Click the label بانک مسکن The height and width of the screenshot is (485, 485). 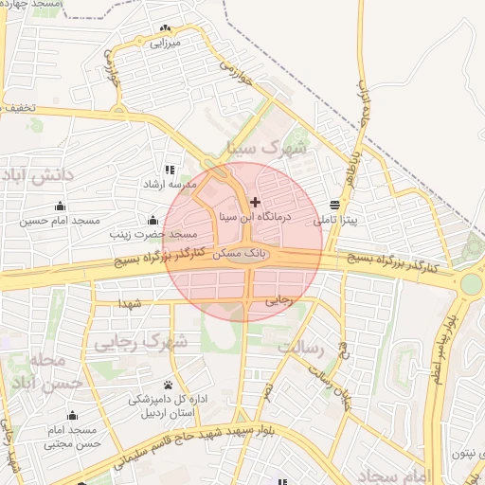click(231, 256)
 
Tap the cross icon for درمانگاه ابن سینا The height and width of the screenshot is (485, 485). click(255, 202)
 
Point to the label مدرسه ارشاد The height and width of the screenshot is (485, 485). click(170, 184)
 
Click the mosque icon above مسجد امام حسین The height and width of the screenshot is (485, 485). click(62, 206)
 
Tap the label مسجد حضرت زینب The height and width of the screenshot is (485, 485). click(153, 233)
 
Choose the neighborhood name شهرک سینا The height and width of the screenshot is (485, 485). click(267, 150)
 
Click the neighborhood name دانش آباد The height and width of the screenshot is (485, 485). click(37, 177)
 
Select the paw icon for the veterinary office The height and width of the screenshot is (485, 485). click(169, 385)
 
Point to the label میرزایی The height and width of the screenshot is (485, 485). click(166, 44)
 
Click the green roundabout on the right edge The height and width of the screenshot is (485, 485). click(470, 283)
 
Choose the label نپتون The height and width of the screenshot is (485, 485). click(461, 455)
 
